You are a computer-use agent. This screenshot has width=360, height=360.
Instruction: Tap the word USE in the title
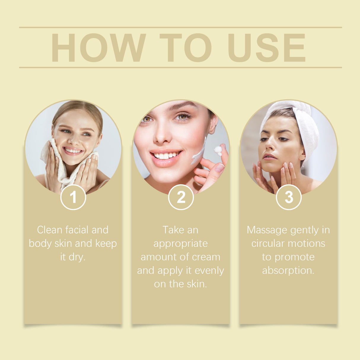[266, 48]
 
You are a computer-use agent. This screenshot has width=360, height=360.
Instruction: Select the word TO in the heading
[185, 48]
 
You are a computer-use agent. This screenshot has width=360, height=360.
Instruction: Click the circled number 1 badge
[73, 197]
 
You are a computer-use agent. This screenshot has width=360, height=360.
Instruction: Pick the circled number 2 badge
[181, 197]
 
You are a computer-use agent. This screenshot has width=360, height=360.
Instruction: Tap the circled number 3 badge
[289, 197]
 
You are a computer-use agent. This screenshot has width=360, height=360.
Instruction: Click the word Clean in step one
[50, 230]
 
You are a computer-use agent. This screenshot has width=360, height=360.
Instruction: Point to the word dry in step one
[77, 257]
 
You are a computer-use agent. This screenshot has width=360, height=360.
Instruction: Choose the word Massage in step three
[267, 230]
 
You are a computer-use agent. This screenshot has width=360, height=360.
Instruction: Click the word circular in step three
[269, 243]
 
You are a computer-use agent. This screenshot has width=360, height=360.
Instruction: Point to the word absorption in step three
[288, 270]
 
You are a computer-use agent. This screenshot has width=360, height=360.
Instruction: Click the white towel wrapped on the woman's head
[305, 128]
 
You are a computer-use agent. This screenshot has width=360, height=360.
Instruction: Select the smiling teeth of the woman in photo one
[72, 151]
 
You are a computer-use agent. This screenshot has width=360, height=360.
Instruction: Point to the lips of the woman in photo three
[269, 157]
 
